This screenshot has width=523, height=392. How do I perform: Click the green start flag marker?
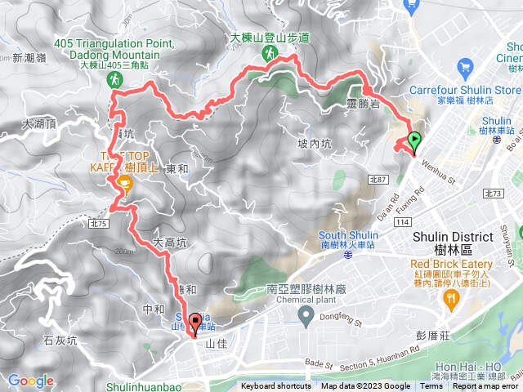click(414, 140)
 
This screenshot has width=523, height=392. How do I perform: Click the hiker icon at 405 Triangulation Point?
click(116, 79)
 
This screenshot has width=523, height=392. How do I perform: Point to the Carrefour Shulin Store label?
click(472, 90)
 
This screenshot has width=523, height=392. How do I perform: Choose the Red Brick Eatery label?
click(452, 265)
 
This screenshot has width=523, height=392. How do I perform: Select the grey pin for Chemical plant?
click(306, 314)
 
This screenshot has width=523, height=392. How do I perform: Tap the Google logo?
click(30, 381)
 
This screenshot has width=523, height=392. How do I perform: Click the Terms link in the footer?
click(431, 386)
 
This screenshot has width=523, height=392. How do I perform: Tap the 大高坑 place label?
click(170, 243)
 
